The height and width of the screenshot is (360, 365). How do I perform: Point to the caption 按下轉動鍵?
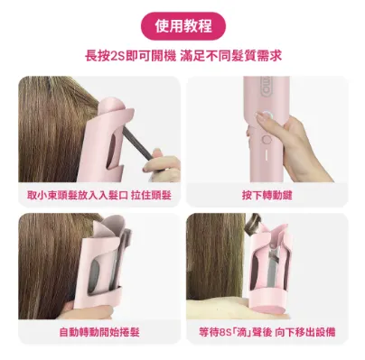coord(267,193)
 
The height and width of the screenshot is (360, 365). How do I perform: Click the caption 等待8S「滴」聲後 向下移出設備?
coord(267,332)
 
